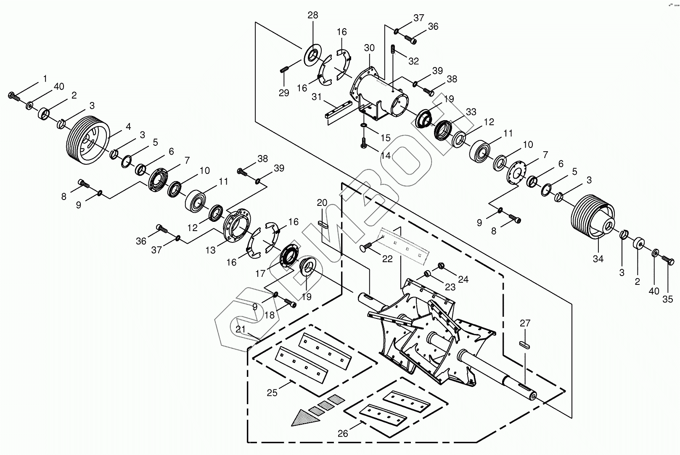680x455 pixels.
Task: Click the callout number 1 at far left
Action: [45, 79]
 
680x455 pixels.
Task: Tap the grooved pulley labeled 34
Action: [593, 217]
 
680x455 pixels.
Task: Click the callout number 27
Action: [525, 323]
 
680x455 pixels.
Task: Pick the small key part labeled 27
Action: [524, 345]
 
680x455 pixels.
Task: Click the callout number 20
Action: [322, 203]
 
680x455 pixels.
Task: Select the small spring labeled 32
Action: [392, 50]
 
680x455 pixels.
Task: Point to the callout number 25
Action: [272, 393]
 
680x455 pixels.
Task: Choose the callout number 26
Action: [343, 434]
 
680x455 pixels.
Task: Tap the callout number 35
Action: [667, 300]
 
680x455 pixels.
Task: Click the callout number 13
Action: [210, 250]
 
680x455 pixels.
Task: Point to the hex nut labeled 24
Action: [442, 266]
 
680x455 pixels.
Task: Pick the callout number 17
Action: [260, 274]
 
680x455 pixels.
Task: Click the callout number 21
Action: [241, 329]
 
